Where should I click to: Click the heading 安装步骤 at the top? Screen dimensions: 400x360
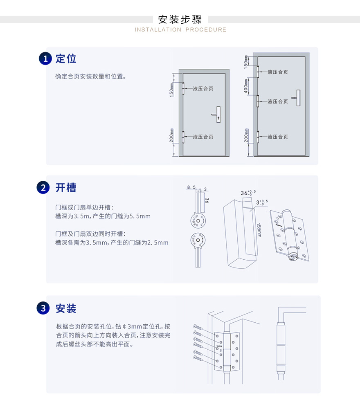coord(180,19)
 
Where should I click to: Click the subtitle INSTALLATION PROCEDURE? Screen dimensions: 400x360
coord(180,30)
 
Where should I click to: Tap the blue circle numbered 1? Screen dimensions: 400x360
coord(45,59)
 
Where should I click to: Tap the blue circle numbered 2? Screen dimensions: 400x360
coord(43,188)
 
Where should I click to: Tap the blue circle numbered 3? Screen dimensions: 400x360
coord(43,308)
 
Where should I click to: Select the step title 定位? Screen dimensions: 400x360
coord(66,59)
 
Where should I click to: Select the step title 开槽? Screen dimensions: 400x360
coord(66,188)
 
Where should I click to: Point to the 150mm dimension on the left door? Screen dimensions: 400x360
coord(172,90)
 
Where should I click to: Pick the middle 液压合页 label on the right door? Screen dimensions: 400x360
coord(278,101)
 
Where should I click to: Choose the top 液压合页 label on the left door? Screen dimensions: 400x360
coord(203,88)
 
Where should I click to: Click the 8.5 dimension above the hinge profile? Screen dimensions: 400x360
coord(191,188)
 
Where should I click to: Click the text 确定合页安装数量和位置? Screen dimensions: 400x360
coord(90,76)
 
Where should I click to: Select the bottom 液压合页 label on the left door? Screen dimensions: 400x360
coord(203,137)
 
